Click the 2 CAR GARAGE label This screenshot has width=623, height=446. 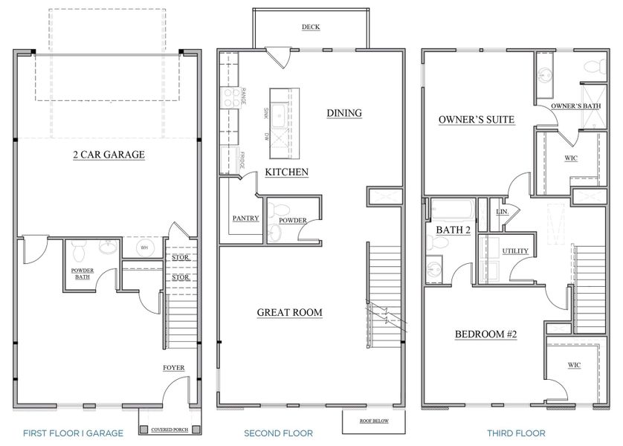[109, 155]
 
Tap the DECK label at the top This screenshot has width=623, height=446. [311, 28]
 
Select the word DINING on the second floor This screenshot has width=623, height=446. [344, 113]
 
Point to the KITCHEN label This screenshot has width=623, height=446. [287, 172]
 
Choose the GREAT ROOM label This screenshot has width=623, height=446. [290, 312]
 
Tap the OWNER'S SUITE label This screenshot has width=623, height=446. [477, 119]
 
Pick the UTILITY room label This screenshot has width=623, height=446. [515, 251]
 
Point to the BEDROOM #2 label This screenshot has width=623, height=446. [485, 334]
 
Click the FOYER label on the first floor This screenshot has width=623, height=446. [174, 368]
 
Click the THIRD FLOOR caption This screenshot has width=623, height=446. [516, 433]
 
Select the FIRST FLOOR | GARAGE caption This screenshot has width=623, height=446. [73, 433]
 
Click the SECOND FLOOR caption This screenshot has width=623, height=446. [278, 433]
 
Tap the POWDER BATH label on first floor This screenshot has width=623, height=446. [81, 274]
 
